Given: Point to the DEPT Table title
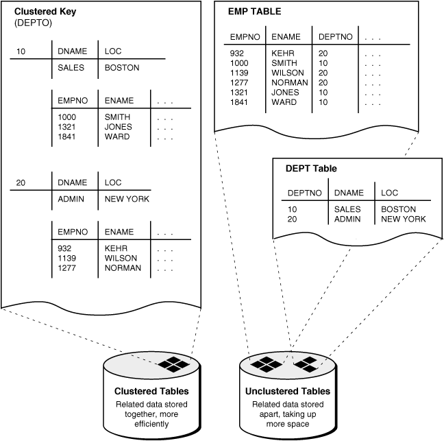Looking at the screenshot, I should point(310,168).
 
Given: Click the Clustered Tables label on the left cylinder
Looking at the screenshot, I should point(151,391).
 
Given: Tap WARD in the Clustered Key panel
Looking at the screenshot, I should point(116,136).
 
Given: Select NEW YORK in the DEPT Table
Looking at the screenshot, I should point(404,219).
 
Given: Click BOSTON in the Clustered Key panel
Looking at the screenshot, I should point(121,68).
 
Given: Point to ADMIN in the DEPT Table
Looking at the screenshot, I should point(347,219).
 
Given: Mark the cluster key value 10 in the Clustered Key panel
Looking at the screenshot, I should point(21,51).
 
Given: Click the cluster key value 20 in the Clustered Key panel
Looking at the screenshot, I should point(21,182).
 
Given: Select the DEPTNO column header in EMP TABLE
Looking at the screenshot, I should point(333,37).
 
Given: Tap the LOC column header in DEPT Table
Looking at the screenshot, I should point(389,193).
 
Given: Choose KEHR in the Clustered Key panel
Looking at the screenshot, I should point(116,248).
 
